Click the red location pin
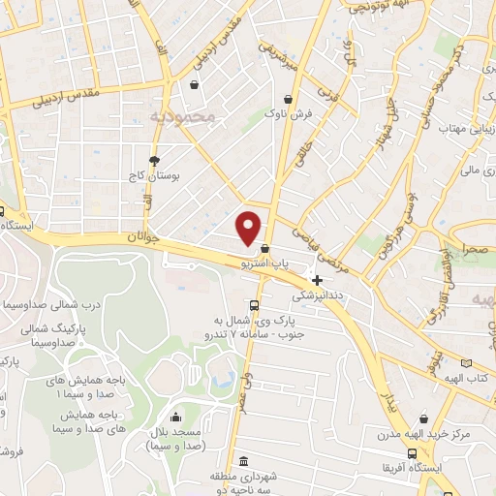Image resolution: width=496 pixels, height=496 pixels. (x=249, y=227)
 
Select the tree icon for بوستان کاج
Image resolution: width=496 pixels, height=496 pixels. (x=154, y=161)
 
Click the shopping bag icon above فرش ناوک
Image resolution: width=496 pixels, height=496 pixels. (x=289, y=99)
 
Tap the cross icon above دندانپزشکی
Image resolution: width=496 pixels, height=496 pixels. (x=317, y=280)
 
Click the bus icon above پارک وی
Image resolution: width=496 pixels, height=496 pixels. (x=254, y=301)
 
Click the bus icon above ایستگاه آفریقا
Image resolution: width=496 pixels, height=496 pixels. (x=413, y=452)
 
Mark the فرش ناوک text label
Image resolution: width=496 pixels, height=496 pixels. (x=291, y=114)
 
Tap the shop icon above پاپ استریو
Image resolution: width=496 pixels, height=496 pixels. (x=265, y=248)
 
